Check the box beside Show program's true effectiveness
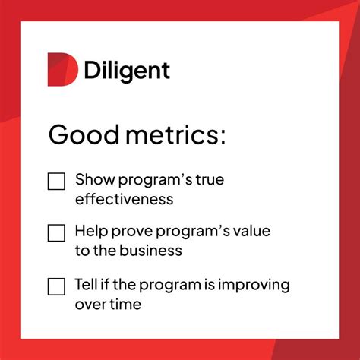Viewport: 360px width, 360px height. point(56,182)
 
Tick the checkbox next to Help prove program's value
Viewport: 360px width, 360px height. point(56,232)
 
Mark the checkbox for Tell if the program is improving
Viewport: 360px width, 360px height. point(56,286)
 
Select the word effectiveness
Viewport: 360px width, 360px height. point(124,200)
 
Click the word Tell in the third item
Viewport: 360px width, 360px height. point(86,285)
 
